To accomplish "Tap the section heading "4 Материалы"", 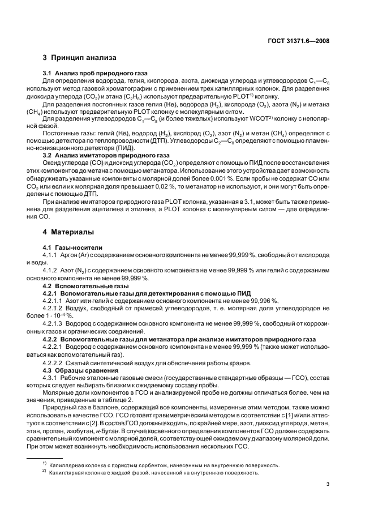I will (x=70, y=232).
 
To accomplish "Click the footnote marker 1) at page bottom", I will (x=44, y=464).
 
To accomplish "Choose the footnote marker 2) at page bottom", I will (x=44, y=472).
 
